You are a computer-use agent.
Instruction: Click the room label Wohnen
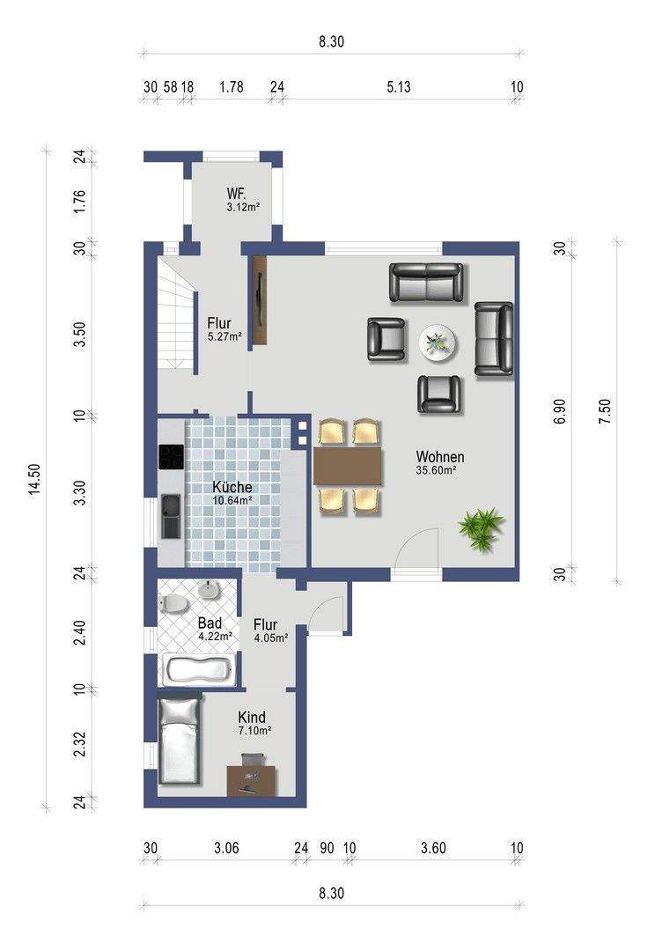pos(439,457)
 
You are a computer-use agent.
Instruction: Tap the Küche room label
pos(232,487)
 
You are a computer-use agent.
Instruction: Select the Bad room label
pos(210,623)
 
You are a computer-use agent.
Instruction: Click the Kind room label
pos(252,717)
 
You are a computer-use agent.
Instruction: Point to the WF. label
pos(237,194)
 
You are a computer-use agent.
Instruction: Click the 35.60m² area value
pos(436,469)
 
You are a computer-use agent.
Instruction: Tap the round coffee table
pos(438,343)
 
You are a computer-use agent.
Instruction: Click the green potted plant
pos(482,529)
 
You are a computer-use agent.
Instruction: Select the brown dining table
pos(348,466)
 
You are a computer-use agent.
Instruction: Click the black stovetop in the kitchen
pos(171,457)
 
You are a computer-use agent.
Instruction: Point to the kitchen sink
pos(171,516)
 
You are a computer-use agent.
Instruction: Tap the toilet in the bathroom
pos(174,603)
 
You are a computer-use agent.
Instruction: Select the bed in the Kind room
pos(179,741)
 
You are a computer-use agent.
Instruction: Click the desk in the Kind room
pos(252,780)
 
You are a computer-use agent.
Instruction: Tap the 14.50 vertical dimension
pos(35,480)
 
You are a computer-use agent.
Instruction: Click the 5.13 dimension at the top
pos(398,87)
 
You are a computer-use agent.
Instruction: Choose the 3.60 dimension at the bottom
pos(433,847)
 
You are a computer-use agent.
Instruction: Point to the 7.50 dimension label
pos(605,413)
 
